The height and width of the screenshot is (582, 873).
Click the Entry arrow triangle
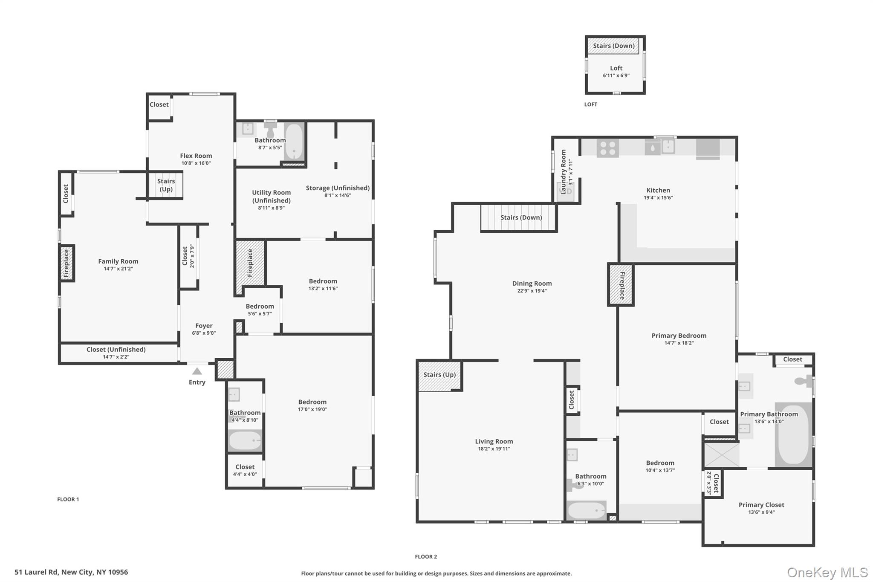tap(197, 371)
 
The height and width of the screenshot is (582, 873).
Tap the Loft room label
tap(616, 68)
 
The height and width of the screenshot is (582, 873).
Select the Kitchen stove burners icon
tap(607, 148)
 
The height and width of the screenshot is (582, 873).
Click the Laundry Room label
tap(564, 172)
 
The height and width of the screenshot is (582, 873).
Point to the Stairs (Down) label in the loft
tap(613, 46)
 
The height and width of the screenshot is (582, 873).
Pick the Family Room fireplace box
tap(66, 263)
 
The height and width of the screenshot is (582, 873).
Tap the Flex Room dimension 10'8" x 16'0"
tap(196, 163)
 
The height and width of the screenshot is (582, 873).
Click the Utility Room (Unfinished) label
tap(271, 197)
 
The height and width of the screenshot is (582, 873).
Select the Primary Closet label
tap(761, 505)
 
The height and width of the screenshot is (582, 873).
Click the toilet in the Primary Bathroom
tap(803, 381)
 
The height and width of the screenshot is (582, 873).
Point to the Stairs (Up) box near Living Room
tap(439, 375)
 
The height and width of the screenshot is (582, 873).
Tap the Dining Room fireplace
tap(621, 285)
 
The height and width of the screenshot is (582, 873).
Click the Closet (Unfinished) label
tap(116, 350)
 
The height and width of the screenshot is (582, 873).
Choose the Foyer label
tap(204, 326)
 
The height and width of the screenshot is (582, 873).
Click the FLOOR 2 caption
tap(426, 556)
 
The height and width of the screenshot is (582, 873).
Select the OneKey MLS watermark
tap(827, 572)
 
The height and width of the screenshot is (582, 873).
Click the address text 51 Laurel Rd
tap(71, 572)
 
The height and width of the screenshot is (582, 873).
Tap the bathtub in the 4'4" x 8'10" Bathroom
tap(245, 441)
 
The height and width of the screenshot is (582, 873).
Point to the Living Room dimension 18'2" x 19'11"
tap(494, 449)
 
